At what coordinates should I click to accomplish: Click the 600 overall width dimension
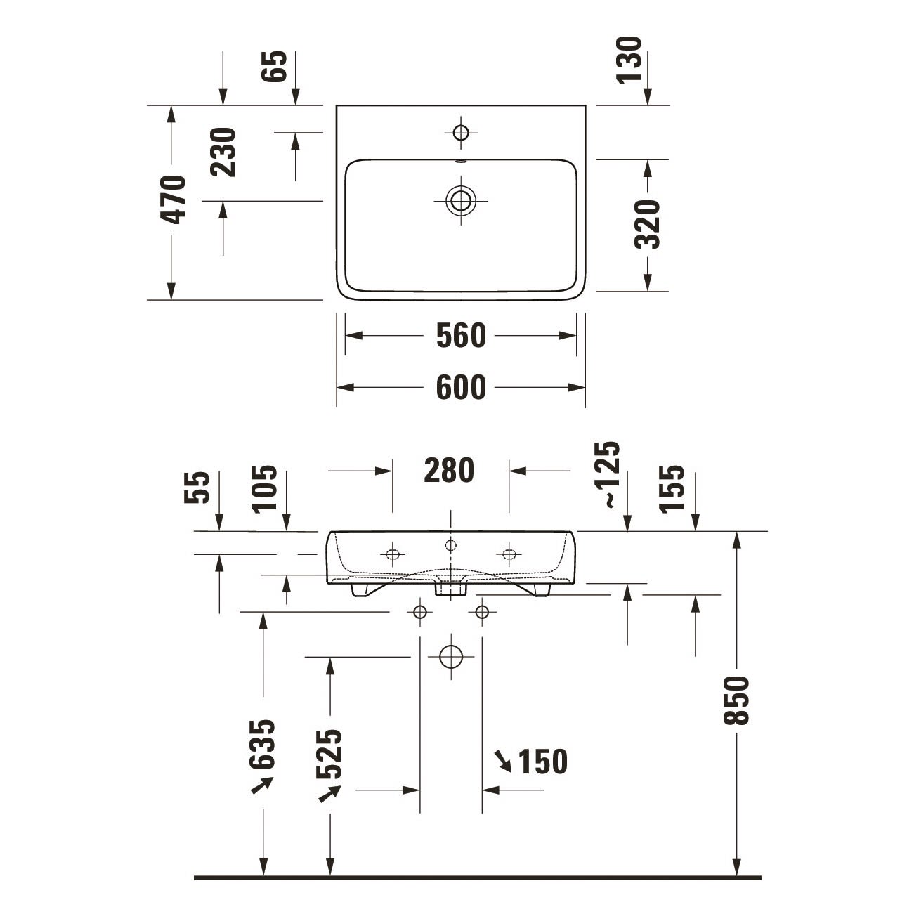461,387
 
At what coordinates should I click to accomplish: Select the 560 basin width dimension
461,335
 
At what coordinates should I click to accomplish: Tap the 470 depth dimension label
173,200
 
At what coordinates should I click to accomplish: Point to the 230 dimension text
223,152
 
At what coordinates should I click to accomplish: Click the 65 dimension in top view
275,66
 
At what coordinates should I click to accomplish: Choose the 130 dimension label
629,60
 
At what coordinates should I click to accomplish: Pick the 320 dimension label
648,224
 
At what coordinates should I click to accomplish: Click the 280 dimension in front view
449,470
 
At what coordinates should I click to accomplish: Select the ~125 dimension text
607,475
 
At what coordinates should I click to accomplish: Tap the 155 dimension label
672,488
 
